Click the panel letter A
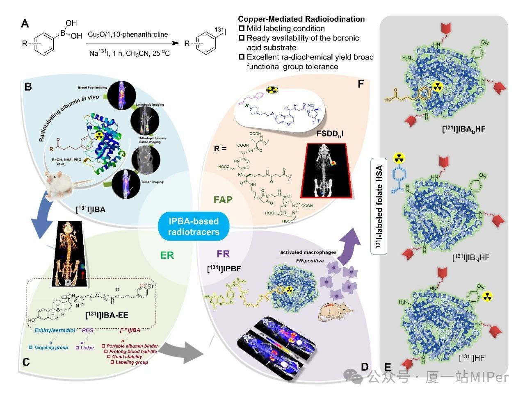(x=25, y=24)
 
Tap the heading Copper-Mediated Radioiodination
(x=301, y=19)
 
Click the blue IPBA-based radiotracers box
(x=194, y=226)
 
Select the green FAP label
(x=223, y=200)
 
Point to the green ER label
(x=167, y=255)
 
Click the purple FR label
(x=223, y=254)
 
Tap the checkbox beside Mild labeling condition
(x=242, y=29)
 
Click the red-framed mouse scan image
(x=324, y=169)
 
